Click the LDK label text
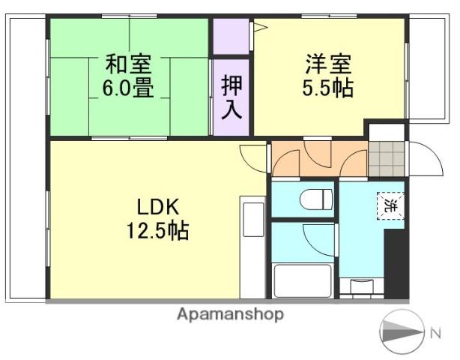[x=157, y=206]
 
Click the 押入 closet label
[x=231, y=97]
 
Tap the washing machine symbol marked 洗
[x=389, y=205]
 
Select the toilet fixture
[x=315, y=200]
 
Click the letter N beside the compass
[x=435, y=331]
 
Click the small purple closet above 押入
[x=230, y=36]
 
